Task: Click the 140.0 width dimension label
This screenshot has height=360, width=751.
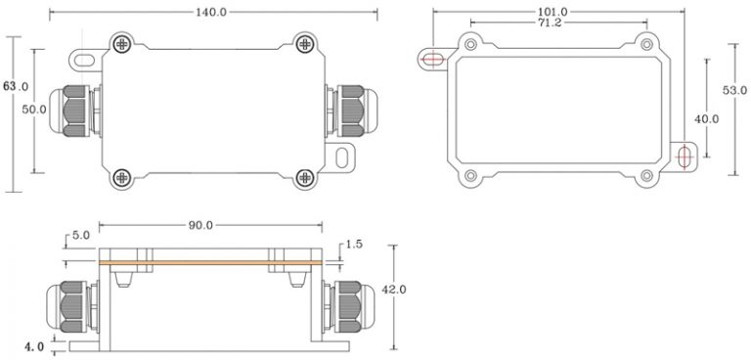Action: [210, 12]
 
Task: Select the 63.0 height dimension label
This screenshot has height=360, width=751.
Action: [17, 87]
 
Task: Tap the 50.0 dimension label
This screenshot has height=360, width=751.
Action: [35, 110]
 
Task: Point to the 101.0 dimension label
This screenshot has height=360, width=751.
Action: [552, 12]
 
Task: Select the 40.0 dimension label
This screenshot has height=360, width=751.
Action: [706, 118]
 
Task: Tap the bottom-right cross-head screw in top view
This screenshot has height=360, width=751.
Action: [305, 177]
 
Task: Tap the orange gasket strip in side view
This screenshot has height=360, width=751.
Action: [209, 263]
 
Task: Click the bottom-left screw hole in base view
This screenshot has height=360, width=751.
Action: [470, 176]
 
